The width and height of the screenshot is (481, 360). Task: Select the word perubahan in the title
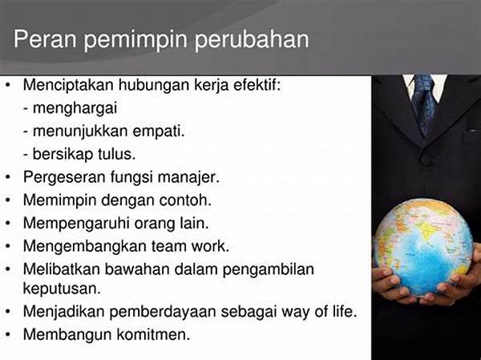tap(252, 40)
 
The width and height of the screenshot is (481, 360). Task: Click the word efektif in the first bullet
tap(257, 84)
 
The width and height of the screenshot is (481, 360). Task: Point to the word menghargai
tap(75, 109)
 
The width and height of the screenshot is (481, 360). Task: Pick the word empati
tap(159, 131)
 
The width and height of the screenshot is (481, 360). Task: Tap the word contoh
tap(185, 200)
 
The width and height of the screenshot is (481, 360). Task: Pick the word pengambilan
tap(268, 269)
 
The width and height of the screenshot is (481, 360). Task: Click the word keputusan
tap(62, 289)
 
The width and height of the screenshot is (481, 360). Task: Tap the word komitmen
tap(153, 334)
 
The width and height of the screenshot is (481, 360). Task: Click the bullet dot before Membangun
tap(8, 335)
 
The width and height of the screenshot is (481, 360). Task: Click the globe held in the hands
tap(423, 247)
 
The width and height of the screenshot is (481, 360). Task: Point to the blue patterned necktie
tap(424, 103)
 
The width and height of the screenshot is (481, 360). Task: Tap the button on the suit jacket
tap(426, 160)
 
